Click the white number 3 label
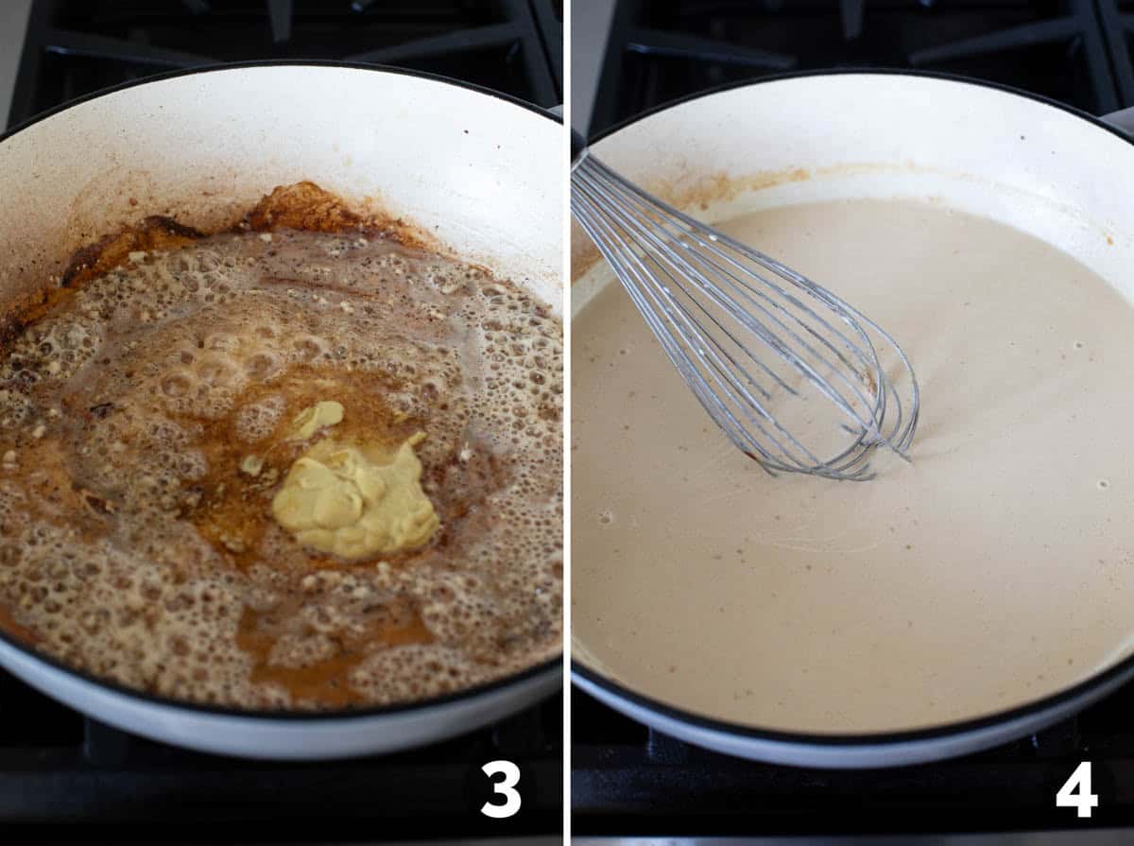[500, 788]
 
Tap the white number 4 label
[1076, 788]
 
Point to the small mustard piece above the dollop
[319, 416]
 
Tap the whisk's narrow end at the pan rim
[578, 170]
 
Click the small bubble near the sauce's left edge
[605, 517]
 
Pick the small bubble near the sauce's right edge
[1101, 484]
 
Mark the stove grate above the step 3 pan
[283, 28]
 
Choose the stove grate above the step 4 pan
[850, 28]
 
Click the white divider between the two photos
[567, 425]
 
